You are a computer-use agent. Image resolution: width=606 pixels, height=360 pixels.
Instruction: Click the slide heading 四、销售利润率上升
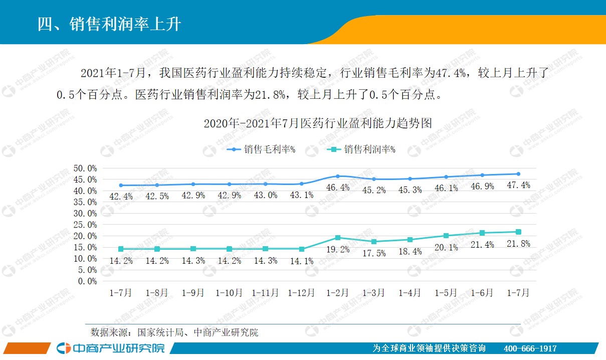pyautogui.click(x=109, y=23)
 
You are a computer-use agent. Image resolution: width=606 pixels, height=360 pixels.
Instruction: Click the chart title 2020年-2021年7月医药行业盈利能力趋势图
pyautogui.click(x=317, y=123)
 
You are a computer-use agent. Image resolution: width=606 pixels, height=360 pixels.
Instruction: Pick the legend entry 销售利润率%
pyautogui.click(x=362, y=149)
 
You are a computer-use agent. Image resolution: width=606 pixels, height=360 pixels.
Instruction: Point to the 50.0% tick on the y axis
pyautogui.click(x=85, y=168)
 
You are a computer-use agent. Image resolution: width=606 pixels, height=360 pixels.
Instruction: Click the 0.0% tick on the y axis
pyautogui.click(x=87, y=281)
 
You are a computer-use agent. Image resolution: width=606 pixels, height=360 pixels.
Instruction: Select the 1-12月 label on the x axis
pyautogui.click(x=301, y=293)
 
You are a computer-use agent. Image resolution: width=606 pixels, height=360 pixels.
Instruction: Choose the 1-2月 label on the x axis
pyautogui.click(x=337, y=293)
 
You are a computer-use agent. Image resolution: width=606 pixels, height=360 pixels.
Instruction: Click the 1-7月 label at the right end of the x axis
pyautogui.click(x=518, y=293)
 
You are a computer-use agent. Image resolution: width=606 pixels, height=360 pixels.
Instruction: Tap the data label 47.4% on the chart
pyautogui.click(x=519, y=185)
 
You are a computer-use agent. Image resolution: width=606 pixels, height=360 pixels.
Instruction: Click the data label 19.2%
pyautogui.click(x=338, y=249)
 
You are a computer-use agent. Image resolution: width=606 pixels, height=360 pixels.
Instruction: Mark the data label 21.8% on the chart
pyautogui.click(x=519, y=243)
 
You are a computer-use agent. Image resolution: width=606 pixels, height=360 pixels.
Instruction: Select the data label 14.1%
pyautogui.click(x=301, y=261)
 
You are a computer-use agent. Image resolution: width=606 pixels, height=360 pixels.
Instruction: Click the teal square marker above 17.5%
pyautogui.click(x=374, y=242)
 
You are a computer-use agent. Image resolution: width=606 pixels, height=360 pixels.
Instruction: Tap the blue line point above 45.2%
pyautogui.click(x=374, y=179)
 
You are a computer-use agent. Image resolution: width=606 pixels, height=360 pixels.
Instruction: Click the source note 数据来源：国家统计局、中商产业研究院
pyautogui.click(x=174, y=332)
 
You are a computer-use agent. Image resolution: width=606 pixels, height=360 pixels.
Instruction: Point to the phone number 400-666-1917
pyautogui.click(x=529, y=348)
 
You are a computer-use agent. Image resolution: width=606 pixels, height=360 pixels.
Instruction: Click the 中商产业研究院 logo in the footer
pyautogui.click(x=111, y=348)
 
